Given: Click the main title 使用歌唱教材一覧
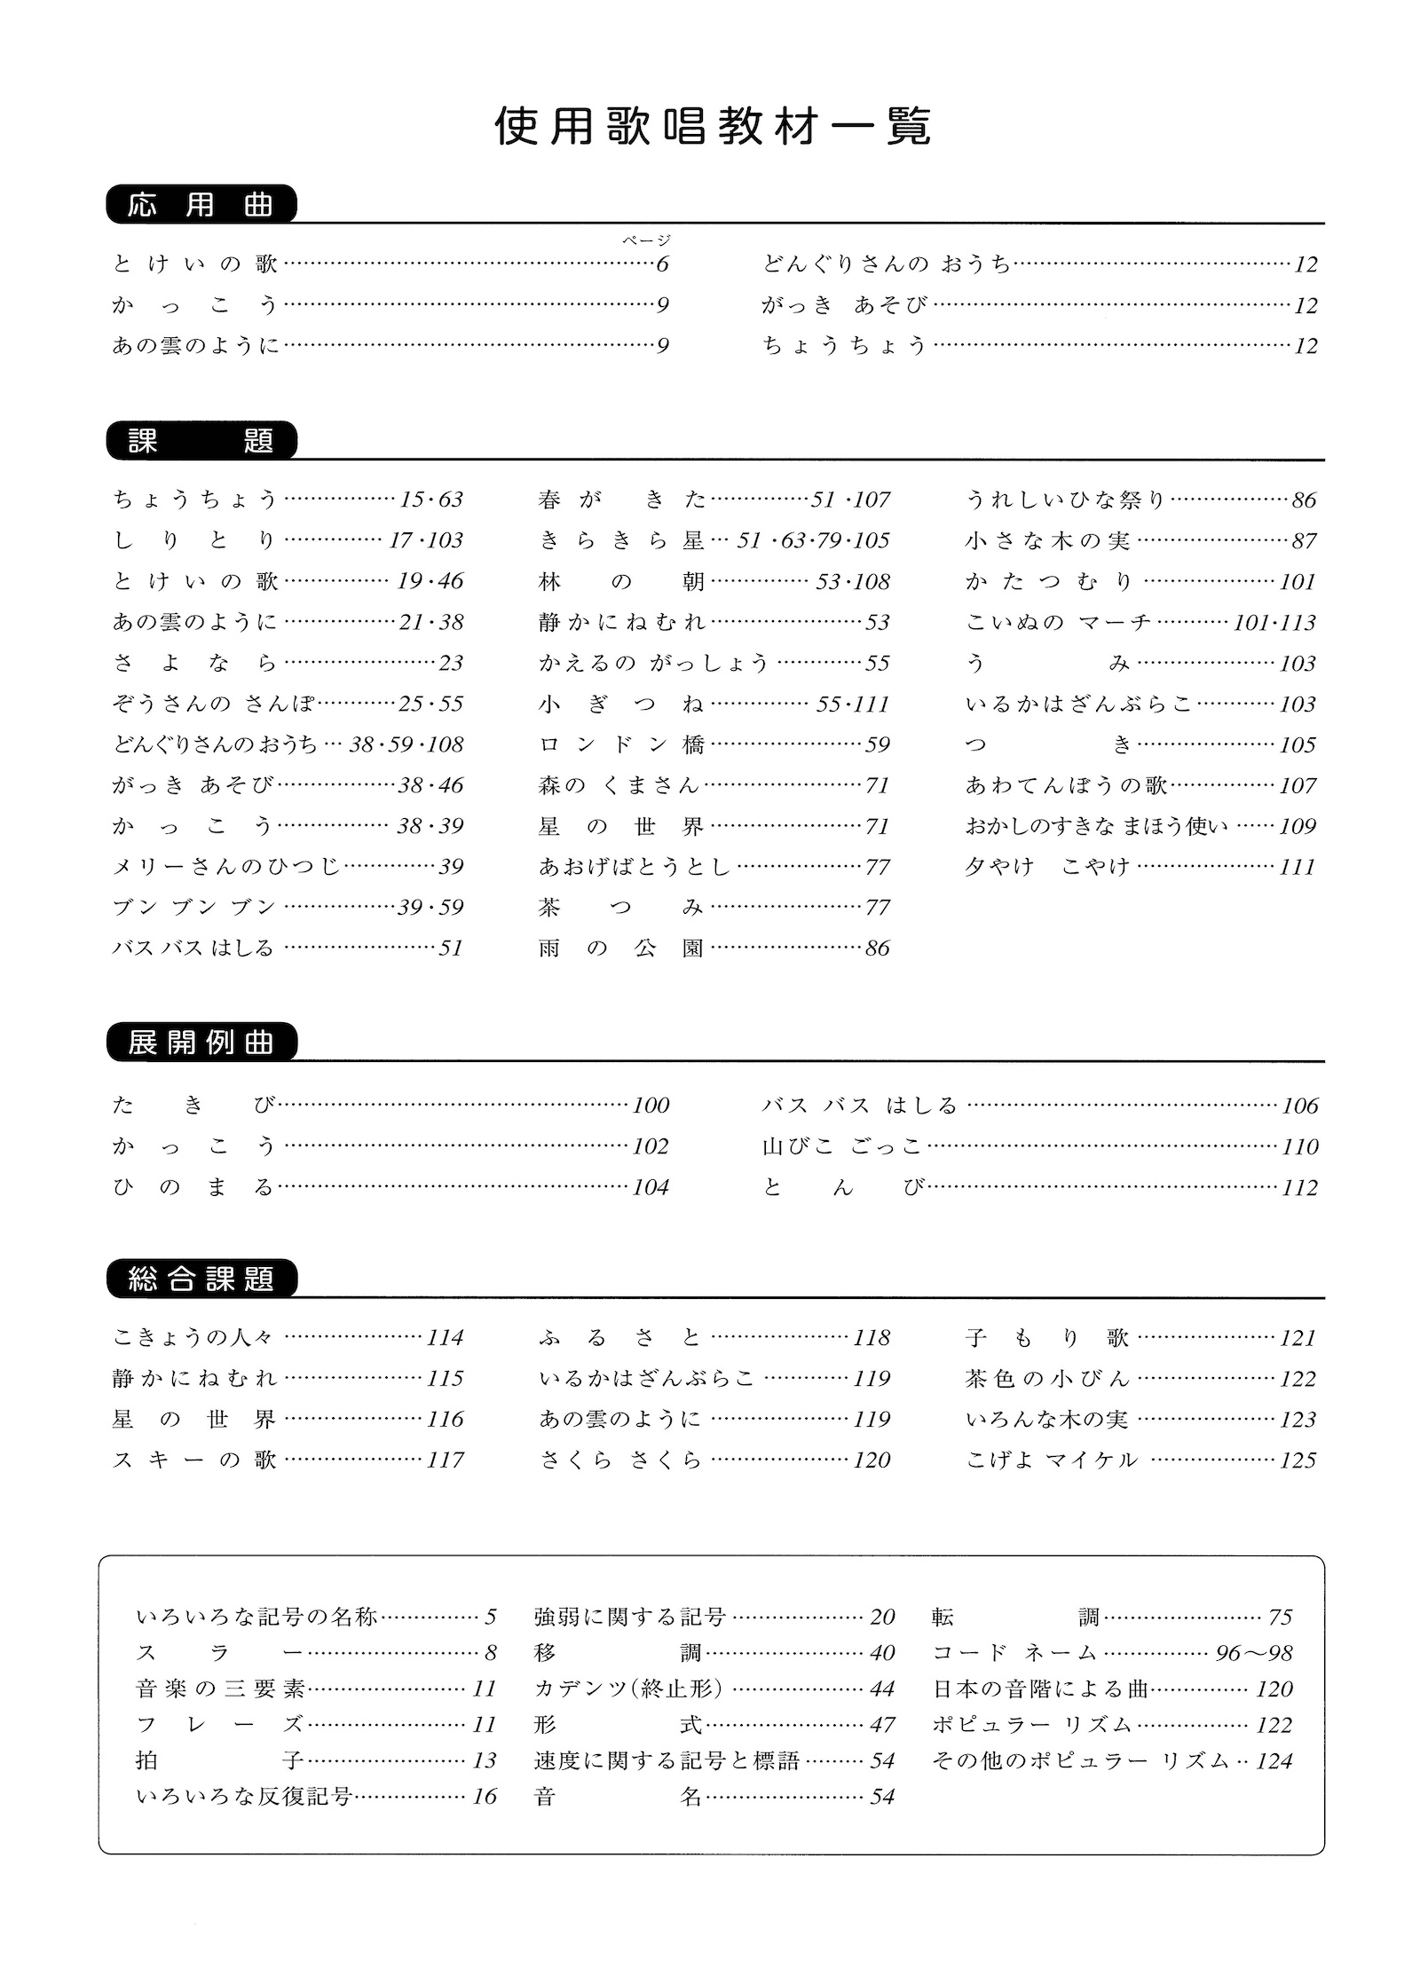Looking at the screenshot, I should click(712, 128).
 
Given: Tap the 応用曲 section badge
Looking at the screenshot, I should click(201, 205).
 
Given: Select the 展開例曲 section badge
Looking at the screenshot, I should click(201, 1043).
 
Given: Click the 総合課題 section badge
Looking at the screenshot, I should click(201, 1279).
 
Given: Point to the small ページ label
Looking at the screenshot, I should click(646, 240).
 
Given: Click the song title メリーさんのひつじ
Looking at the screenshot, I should click(227, 866).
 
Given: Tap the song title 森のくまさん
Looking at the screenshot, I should click(619, 785).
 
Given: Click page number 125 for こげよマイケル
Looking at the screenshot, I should click(1298, 1460).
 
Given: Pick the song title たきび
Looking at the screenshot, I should click(193, 1105).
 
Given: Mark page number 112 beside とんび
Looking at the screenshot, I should click(1299, 1187).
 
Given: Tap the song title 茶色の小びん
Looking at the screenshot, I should click(1047, 1378).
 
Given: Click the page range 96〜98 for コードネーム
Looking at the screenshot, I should click(1254, 1653).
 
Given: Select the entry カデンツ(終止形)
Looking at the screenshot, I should click(628, 1689).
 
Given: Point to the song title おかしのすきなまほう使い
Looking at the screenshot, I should click(1097, 826).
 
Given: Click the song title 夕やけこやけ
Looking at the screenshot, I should click(1047, 866).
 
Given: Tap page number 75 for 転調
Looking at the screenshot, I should click(1280, 1617).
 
